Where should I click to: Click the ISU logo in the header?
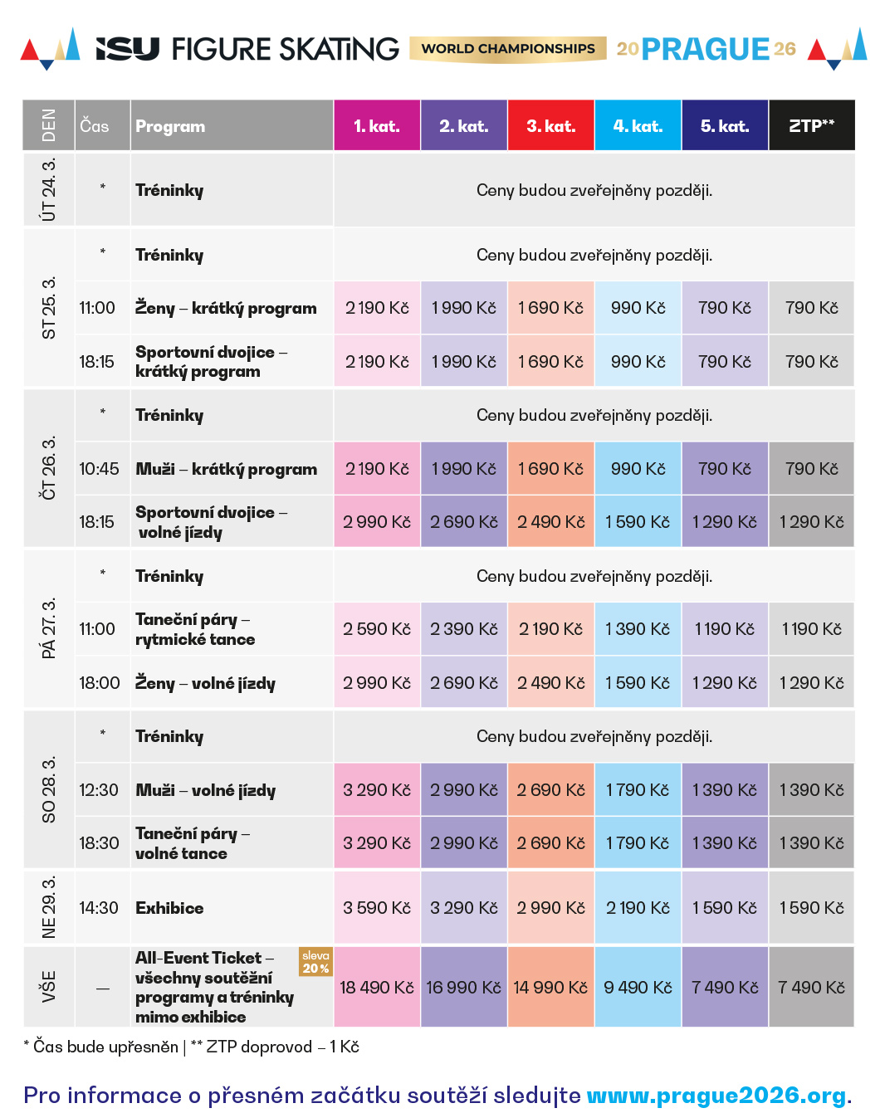[x=128, y=49]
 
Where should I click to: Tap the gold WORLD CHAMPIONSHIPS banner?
[x=508, y=49]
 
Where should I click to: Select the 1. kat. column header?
[x=377, y=126]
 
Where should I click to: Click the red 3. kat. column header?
[x=550, y=126]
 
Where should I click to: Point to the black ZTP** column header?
[x=811, y=126]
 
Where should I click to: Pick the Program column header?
[x=170, y=126]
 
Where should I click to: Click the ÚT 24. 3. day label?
[x=49, y=190]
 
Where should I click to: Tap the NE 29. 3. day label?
[x=49, y=907]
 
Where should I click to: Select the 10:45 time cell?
[x=99, y=469]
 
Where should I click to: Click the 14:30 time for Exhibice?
[x=99, y=908]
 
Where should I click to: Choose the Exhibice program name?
[x=169, y=908]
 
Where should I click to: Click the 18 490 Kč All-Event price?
[x=377, y=988]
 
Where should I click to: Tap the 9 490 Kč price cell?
[x=638, y=988]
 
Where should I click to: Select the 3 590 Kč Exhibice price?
[x=377, y=908]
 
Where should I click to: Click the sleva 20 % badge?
[x=315, y=962]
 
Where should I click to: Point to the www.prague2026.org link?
[x=719, y=1096]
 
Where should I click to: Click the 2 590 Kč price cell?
[x=377, y=629]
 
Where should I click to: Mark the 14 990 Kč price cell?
[x=550, y=988]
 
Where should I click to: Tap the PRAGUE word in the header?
[x=706, y=49]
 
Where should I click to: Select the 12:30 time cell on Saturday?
[x=99, y=790]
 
